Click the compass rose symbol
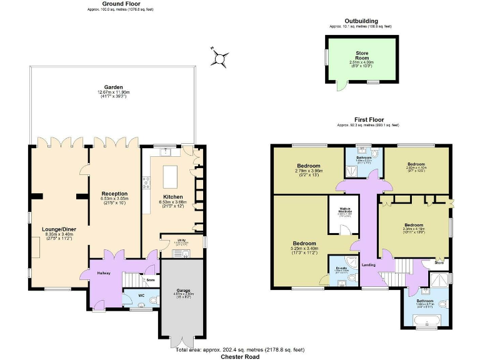(219, 58)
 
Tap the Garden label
(113, 87)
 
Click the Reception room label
(114, 194)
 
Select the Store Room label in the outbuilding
(361, 54)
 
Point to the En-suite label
(341, 268)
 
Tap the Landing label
(369, 264)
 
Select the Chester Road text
(241, 356)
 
